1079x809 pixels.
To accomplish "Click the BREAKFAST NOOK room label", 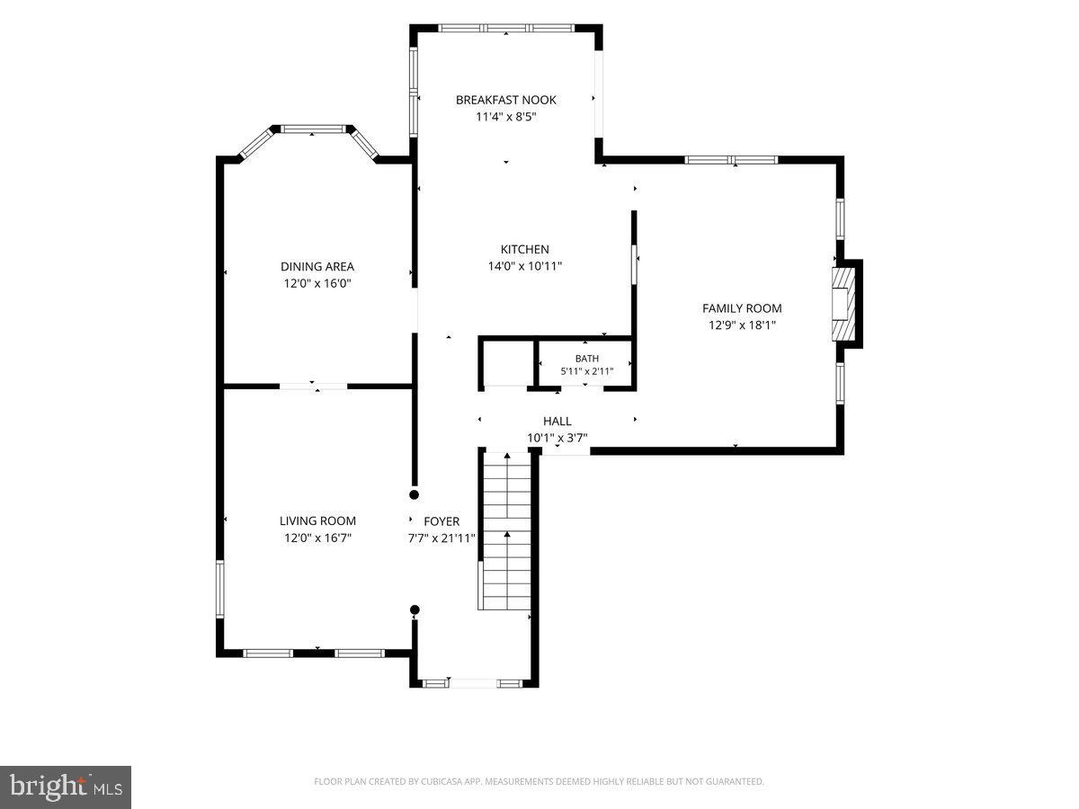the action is click(506, 100).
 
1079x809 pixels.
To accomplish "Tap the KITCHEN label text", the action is click(524, 250).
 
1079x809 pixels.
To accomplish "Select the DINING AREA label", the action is click(317, 267).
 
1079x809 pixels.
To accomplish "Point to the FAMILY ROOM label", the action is click(742, 308).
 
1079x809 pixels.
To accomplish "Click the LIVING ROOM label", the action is click(317, 520).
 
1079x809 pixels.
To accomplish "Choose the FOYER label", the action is click(441, 521).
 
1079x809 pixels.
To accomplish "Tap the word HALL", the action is click(557, 421).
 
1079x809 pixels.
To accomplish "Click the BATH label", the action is click(587, 359).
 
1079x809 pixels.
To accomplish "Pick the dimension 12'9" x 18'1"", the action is click(742, 325).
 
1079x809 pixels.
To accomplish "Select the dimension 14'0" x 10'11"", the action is click(524, 266).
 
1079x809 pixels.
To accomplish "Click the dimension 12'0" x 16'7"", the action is click(317, 538).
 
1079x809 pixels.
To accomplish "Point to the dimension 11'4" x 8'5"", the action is click(506, 117).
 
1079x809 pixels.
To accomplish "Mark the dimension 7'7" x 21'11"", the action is click(441, 538).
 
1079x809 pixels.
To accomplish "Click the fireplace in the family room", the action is click(843, 304).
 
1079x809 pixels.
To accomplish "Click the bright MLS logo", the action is click(66, 787).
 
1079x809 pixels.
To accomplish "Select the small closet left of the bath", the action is click(506, 363).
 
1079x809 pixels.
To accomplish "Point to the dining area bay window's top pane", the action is click(313, 129).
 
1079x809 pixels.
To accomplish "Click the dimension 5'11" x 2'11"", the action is click(587, 371).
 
